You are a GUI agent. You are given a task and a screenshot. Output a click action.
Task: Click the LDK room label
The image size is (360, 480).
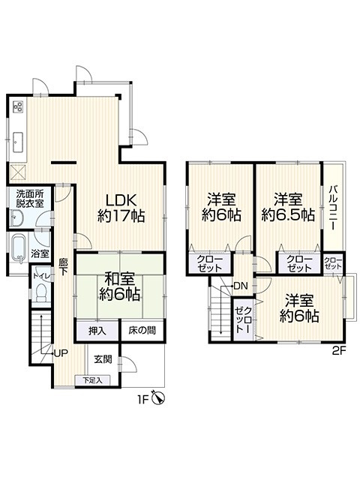(121, 200)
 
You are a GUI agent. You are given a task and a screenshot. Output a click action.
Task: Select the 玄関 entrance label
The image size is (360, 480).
(103, 359)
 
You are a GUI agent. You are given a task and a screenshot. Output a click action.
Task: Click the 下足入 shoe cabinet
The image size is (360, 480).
(92, 380)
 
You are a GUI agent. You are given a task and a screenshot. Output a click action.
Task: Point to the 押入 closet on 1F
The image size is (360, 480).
(97, 331)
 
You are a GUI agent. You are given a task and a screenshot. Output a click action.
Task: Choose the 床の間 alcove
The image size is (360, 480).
(142, 331)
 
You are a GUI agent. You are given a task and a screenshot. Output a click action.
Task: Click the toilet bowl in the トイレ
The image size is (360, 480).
(40, 292)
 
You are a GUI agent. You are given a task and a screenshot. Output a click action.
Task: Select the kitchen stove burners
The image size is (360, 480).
(18, 106)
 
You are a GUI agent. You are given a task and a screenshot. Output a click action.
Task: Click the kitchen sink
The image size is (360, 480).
(18, 142)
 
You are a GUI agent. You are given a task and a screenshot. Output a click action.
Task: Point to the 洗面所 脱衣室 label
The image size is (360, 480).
(30, 199)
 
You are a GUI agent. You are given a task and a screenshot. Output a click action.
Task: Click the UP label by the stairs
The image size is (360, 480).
(61, 353)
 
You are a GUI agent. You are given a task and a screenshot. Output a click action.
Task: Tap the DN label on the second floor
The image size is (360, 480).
(240, 286)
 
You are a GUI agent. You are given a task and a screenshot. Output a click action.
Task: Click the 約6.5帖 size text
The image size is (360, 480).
(288, 215)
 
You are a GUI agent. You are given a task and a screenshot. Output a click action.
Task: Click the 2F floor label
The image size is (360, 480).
(339, 350)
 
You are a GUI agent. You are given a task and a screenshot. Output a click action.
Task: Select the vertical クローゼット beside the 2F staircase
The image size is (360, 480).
(243, 319)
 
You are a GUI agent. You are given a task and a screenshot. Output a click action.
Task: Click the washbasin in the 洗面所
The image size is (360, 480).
(15, 217)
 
